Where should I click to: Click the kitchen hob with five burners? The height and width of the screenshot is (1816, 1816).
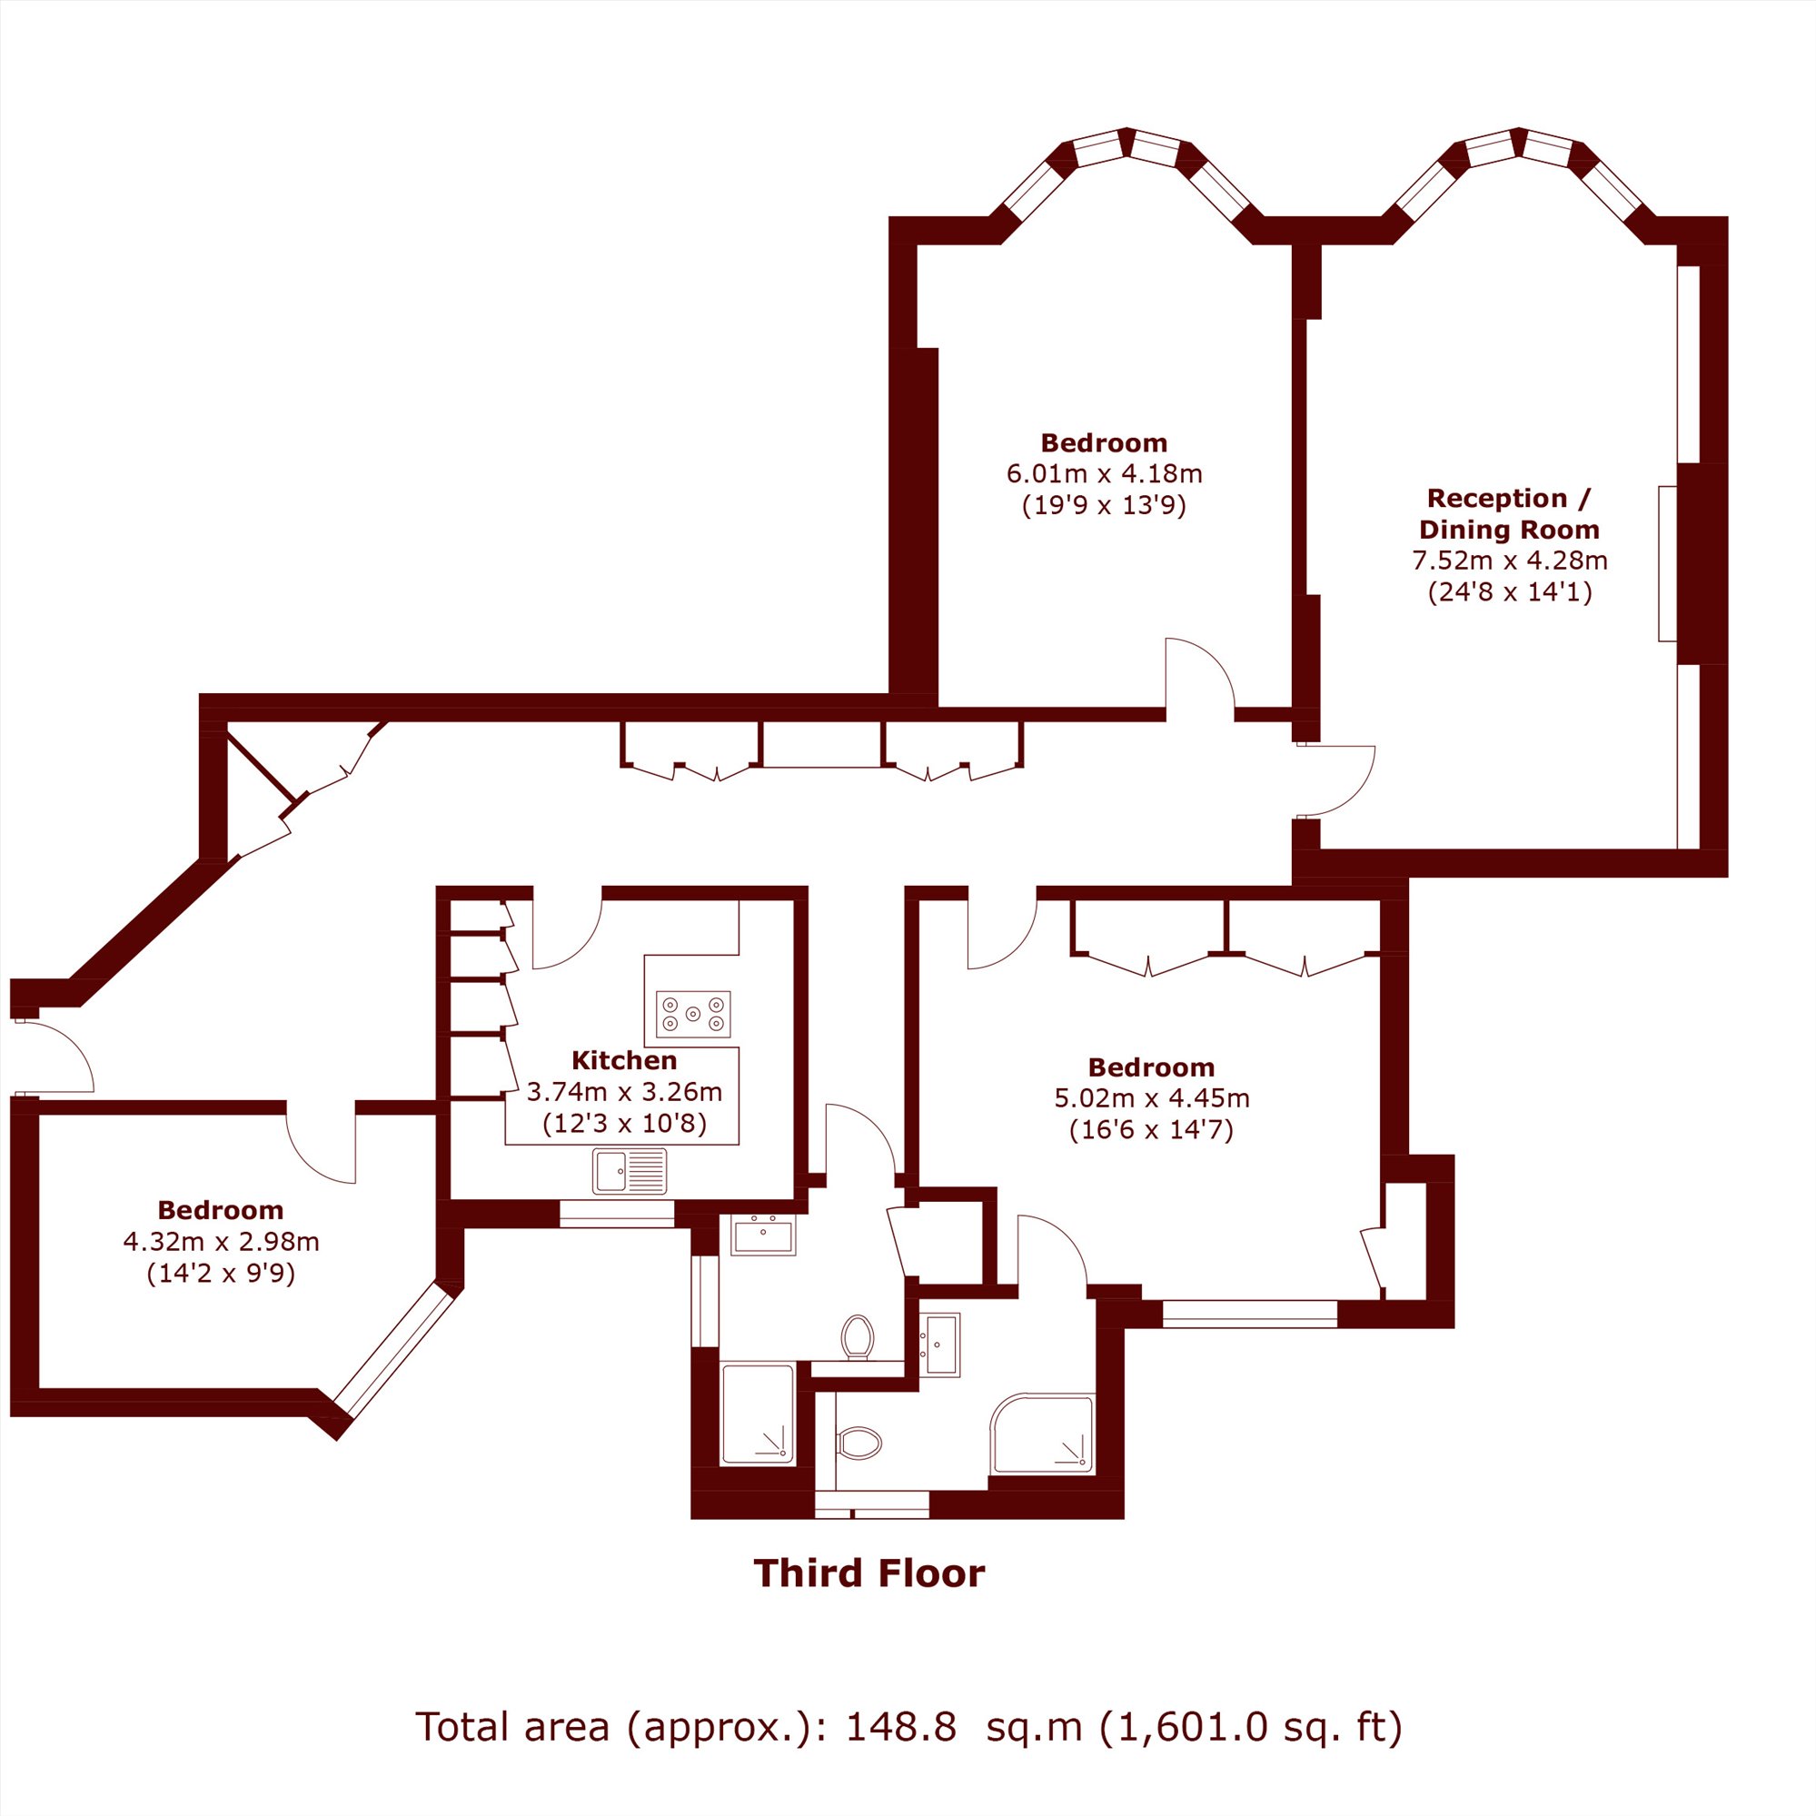point(694,1014)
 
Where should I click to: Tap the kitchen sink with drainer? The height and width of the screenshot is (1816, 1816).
point(630,1171)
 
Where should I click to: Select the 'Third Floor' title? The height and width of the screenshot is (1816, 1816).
point(869,1573)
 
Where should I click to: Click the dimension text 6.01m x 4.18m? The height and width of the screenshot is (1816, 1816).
point(1105,473)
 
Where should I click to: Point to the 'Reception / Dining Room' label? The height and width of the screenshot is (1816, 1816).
point(1509,513)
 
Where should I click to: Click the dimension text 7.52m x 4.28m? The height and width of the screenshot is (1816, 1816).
point(1510,561)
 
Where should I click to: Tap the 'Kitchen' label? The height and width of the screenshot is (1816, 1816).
point(624,1060)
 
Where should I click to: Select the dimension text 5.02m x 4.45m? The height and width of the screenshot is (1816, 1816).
point(1151,1098)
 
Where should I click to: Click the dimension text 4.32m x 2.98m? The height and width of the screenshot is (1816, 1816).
point(221,1242)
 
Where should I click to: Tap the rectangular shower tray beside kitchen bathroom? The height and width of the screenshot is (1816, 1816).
point(758,1414)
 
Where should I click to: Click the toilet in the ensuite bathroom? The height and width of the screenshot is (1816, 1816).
point(859,1443)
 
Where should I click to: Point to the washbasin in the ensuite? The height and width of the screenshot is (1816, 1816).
point(939,1345)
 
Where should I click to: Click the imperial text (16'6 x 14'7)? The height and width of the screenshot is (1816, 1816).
point(1151,1130)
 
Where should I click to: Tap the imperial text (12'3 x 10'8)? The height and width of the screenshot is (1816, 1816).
point(624,1124)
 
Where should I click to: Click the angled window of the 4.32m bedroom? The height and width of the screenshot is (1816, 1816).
point(395,1350)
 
